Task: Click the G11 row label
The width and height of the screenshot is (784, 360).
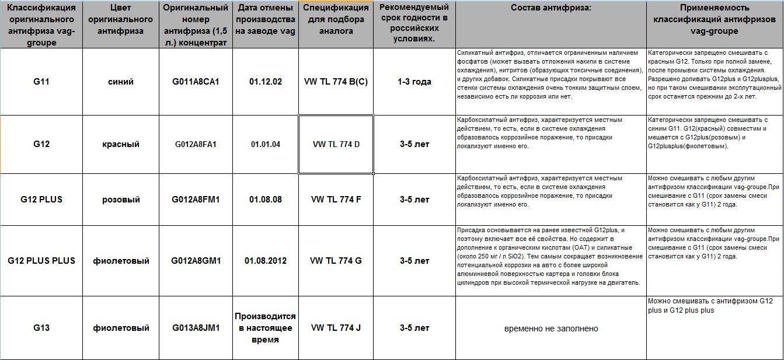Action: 41,82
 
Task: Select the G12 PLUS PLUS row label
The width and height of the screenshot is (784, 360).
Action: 41,261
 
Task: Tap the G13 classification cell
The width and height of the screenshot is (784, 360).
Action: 41,328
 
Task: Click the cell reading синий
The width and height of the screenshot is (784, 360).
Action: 121,82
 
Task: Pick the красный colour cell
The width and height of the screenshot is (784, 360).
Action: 121,144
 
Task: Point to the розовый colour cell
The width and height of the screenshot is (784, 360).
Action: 121,200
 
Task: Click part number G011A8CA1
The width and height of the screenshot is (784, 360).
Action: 196,82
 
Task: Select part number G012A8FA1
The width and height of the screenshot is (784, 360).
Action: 196,144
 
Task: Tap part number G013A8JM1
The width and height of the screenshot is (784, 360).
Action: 196,328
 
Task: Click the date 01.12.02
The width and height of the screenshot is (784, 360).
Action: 266,82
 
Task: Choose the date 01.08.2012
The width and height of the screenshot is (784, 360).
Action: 266,261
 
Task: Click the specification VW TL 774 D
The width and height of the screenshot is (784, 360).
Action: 336,144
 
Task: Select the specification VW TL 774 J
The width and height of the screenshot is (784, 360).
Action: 336,328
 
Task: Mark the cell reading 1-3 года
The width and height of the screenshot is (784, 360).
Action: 414,82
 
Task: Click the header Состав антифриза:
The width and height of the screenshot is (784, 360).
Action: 550,8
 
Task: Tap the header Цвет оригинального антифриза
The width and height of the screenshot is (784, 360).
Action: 121,20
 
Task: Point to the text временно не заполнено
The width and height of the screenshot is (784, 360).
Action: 551,328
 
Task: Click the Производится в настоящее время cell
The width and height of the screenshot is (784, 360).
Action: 265,328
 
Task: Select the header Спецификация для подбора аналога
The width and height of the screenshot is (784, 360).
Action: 336,20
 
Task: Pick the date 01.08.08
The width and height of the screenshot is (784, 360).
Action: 266,200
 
